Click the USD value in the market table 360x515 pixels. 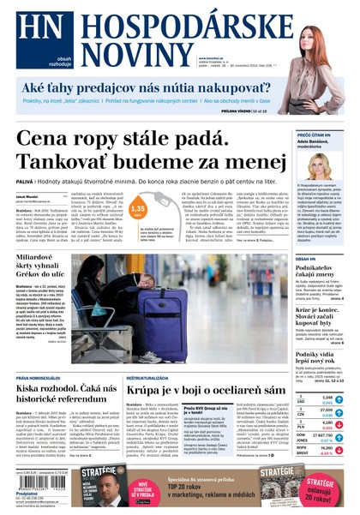pos(327,398)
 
